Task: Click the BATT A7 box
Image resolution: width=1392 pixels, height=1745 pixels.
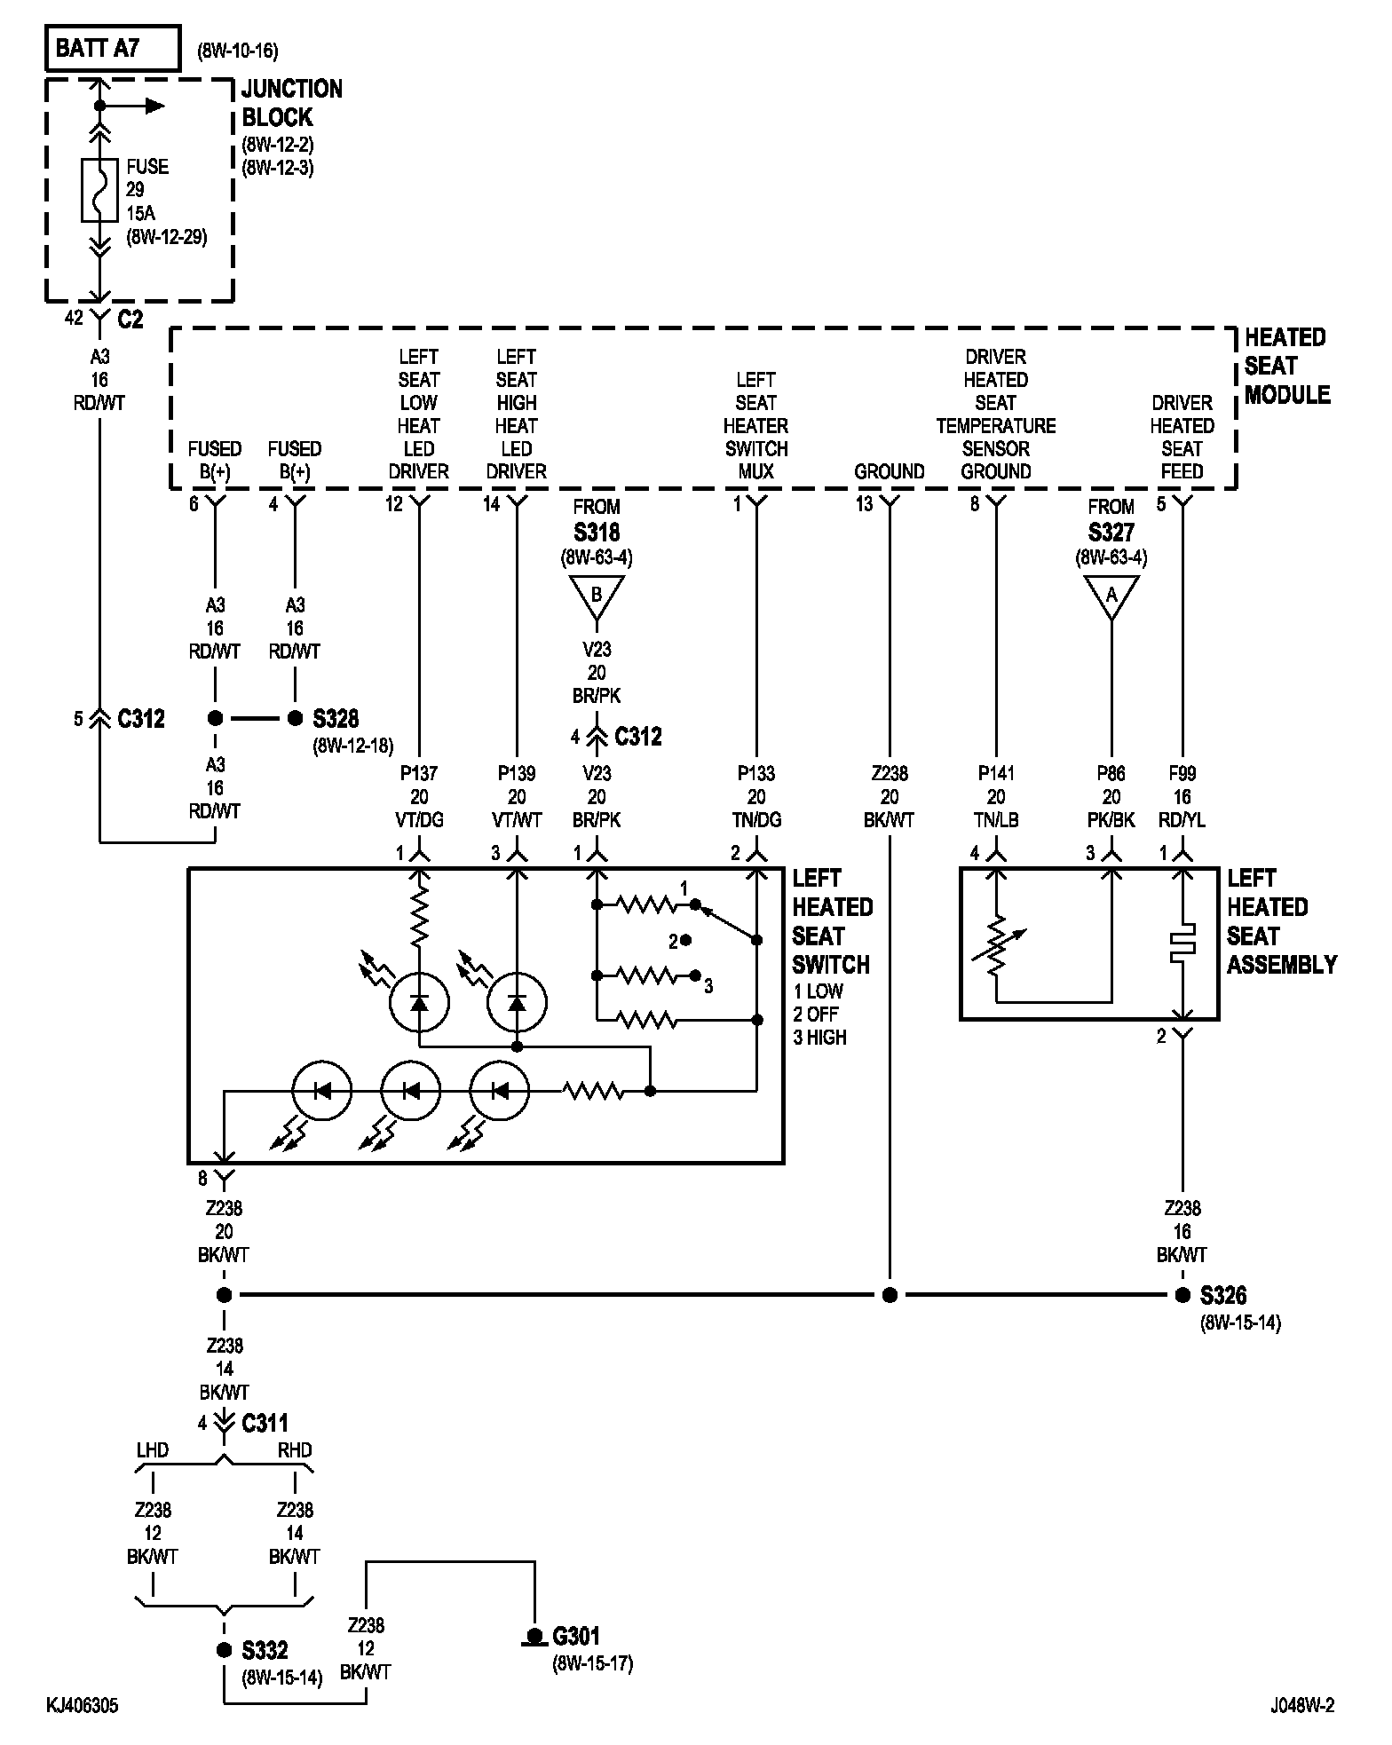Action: pos(113,48)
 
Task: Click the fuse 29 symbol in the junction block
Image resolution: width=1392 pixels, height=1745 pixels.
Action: pos(99,189)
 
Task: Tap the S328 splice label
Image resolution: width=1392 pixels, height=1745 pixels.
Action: pos(336,718)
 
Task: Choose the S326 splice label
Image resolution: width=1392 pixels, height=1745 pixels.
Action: pos(1223,1295)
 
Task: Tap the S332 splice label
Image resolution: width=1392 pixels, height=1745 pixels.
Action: pos(265,1650)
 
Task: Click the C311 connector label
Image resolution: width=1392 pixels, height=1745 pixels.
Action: pos(265,1423)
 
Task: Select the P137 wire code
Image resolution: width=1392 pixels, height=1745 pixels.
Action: pos(419,773)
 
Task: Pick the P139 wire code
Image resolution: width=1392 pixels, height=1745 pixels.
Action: pos(517,773)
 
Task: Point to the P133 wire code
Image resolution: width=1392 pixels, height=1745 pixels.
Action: pos(756,773)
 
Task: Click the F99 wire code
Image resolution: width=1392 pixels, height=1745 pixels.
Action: pos(1182,773)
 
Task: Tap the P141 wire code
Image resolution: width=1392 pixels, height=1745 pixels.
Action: pos(996,773)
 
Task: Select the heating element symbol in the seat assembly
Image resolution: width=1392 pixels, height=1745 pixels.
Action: pos(1182,944)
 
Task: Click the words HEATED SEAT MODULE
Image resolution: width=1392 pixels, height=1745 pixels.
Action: pos(1286,366)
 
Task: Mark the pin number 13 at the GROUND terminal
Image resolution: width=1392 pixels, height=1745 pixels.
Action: pos(865,504)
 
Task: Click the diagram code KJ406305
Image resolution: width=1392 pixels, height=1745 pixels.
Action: pos(83,1705)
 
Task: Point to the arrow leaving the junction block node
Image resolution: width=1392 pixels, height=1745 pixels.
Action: pos(132,106)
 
